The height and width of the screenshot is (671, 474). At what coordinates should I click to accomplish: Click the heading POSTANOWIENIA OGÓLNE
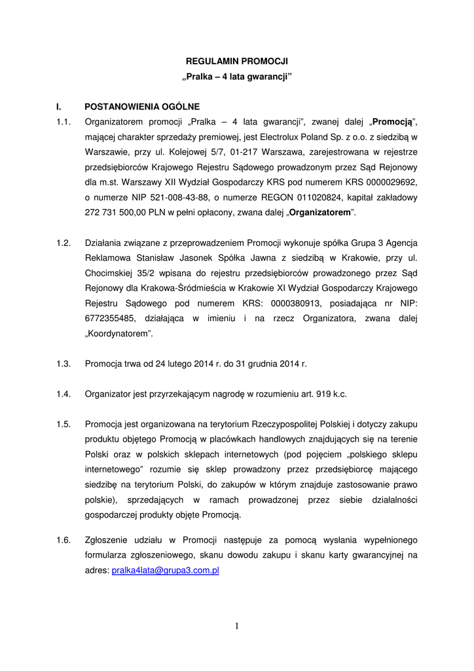[142, 106]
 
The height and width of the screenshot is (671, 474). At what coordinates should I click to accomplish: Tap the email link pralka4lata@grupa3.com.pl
[165, 571]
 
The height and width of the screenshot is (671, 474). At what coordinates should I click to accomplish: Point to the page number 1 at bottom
[237, 626]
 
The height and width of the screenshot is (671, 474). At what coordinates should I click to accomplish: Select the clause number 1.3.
[64, 363]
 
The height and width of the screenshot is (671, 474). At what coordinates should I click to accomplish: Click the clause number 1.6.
[64, 540]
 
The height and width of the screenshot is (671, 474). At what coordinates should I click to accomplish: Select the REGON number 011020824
[317, 197]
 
